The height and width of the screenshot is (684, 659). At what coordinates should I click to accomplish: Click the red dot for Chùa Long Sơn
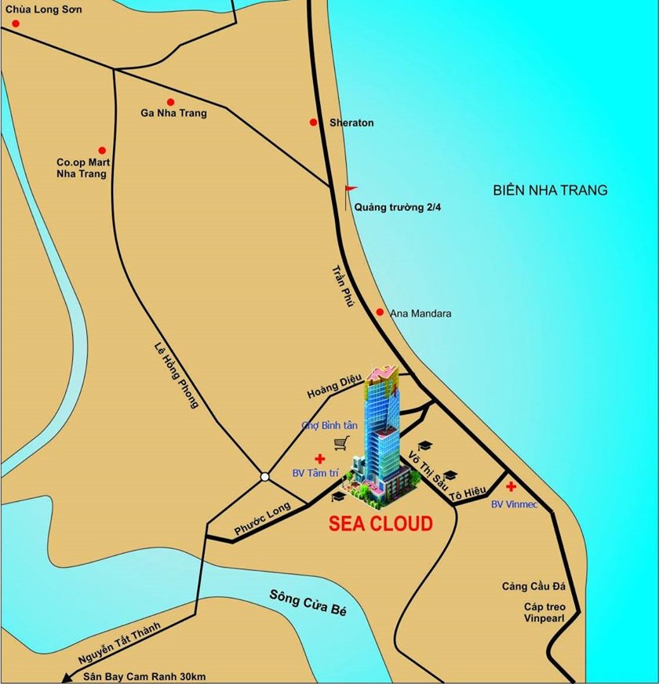point(15,24)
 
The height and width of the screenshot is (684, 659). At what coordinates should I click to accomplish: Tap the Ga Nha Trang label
point(173,113)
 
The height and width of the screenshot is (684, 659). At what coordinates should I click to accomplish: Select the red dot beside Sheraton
point(313,122)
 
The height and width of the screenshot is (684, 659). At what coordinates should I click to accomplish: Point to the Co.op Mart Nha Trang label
point(82,168)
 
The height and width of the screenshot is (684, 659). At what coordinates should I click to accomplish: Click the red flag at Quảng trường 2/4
point(351,189)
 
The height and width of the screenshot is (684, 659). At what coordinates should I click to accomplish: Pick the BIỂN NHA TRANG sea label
point(550,190)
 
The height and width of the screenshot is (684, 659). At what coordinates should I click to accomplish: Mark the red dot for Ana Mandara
point(380,312)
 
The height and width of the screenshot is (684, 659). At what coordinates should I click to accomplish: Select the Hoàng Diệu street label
point(334,387)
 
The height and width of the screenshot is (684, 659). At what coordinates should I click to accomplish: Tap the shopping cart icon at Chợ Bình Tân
point(340,444)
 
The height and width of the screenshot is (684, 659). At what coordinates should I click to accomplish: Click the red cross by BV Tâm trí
point(319,458)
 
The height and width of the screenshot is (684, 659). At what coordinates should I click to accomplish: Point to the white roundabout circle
point(265,476)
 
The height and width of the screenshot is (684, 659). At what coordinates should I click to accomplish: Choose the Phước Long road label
point(263,519)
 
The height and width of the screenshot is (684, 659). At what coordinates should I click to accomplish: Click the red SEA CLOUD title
point(380,524)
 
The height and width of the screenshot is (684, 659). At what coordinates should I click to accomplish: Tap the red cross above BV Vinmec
point(511,487)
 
